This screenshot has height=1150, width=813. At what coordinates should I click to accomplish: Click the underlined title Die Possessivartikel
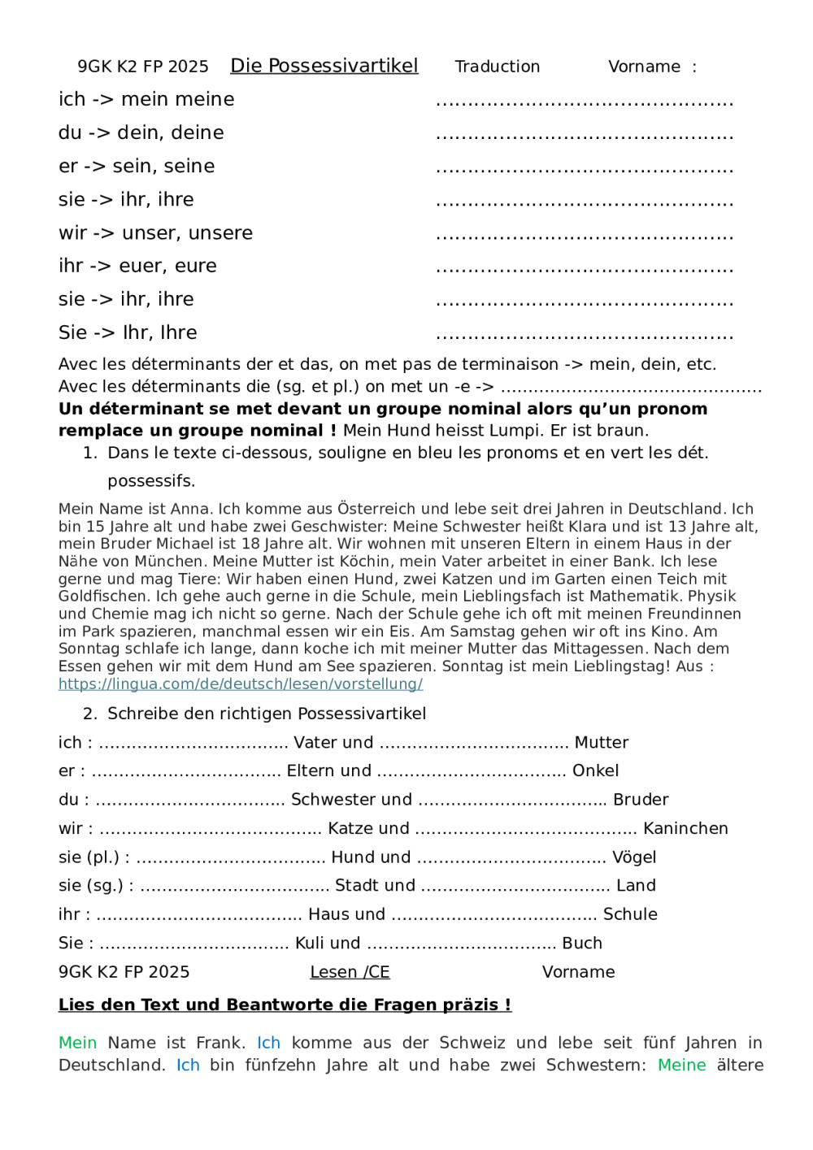point(324,66)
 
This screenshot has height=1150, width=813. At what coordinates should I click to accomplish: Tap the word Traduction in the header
point(497,67)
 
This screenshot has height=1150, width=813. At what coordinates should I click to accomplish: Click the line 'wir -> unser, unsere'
point(155,233)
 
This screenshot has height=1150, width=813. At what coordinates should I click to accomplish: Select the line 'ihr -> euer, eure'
point(137,266)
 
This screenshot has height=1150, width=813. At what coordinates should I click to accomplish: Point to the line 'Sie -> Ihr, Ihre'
point(128,332)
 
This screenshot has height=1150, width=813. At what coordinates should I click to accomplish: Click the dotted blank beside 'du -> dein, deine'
point(585,135)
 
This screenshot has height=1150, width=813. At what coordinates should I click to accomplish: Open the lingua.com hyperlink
point(241,683)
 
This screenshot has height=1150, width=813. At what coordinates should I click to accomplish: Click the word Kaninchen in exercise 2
point(685,828)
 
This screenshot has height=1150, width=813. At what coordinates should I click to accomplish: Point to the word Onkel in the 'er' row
point(595,770)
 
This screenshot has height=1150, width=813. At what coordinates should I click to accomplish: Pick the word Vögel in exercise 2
point(634,857)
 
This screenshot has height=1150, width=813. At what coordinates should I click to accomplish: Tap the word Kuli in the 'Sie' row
point(309,943)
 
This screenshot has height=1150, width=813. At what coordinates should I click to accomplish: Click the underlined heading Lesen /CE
point(350,972)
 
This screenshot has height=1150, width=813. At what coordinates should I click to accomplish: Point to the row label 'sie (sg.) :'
point(96,886)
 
